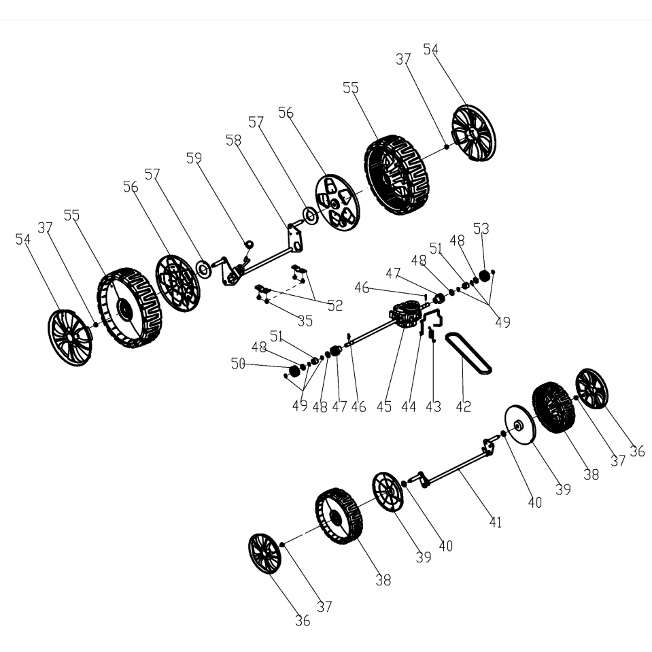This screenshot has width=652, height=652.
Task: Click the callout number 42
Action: point(463,407)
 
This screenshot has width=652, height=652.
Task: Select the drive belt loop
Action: point(468,353)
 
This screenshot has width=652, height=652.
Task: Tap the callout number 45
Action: point(384,407)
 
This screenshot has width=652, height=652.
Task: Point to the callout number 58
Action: point(233,140)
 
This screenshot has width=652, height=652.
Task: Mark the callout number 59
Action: point(194,158)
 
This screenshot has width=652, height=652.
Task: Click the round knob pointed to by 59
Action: point(249,243)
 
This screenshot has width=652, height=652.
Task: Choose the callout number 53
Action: point(481,228)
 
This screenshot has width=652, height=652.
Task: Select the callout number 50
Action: point(238,364)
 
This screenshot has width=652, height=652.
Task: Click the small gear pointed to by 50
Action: point(294,370)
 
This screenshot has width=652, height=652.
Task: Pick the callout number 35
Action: point(305,321)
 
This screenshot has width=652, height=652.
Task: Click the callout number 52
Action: point(334,306)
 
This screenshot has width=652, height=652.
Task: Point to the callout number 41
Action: point(495,522)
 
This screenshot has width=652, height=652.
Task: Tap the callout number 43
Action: point(433,407)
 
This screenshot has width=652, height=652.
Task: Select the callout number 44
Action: point(409,407)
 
